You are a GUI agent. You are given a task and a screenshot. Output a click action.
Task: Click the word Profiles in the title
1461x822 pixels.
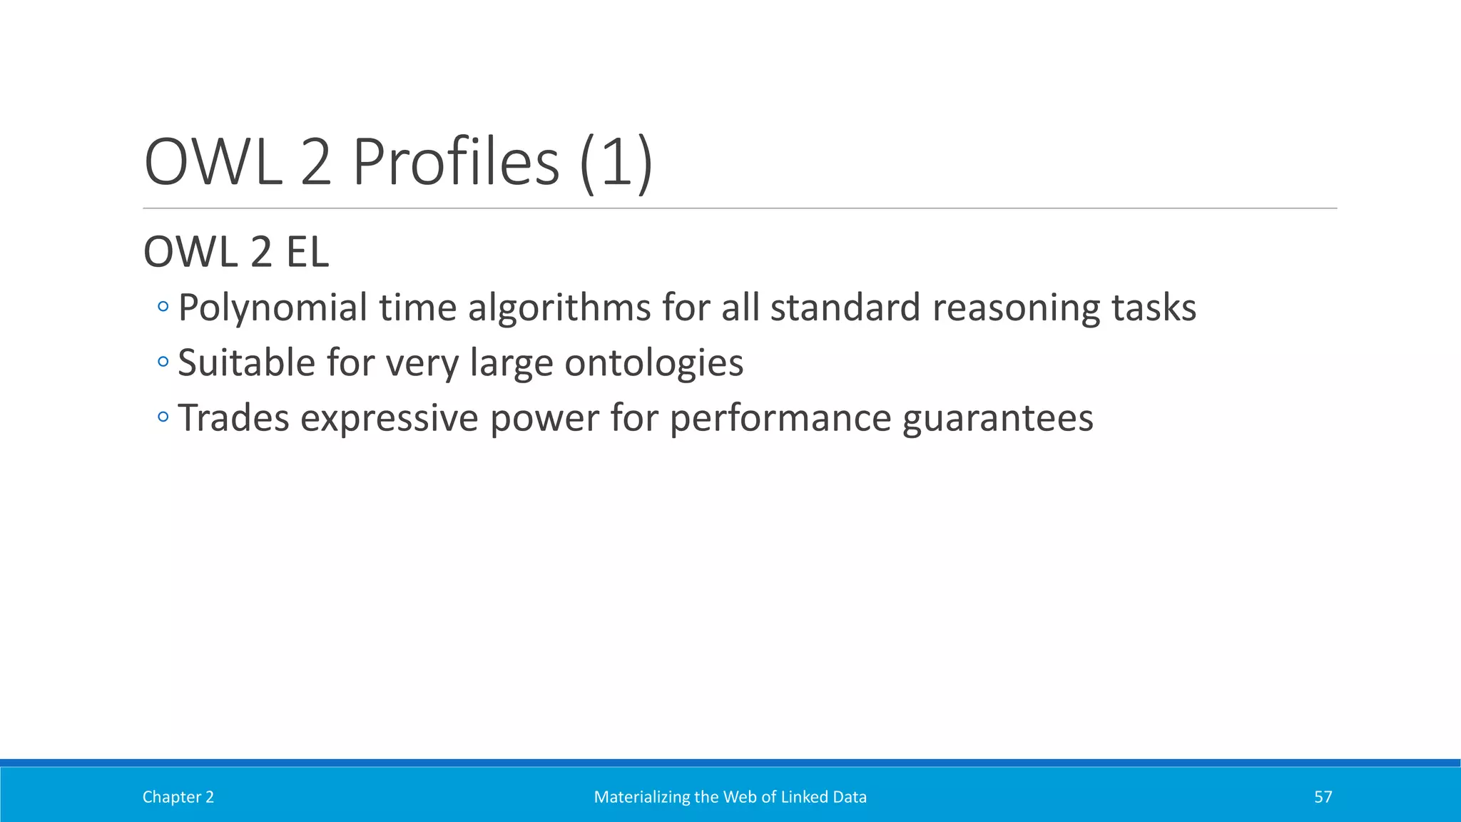point(456,162)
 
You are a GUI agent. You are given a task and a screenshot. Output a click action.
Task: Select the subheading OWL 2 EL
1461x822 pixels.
point(236,252)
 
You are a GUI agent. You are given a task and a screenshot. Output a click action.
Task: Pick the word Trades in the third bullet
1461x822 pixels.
point(233,418)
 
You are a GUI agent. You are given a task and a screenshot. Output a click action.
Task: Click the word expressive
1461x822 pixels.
point(389,418)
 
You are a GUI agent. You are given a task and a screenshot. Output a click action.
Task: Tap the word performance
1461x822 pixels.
point(780,418)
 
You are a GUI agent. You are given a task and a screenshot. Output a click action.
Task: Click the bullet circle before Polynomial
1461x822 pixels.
point(163,308)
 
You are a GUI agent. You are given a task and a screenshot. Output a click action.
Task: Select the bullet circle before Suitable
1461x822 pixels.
point(163,362)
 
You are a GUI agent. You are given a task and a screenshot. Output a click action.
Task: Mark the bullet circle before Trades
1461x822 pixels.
point(163,417)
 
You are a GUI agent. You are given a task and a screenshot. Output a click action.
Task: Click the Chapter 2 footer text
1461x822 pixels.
point(178,797)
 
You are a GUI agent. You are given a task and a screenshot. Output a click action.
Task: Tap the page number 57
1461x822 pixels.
point(1323,797)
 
